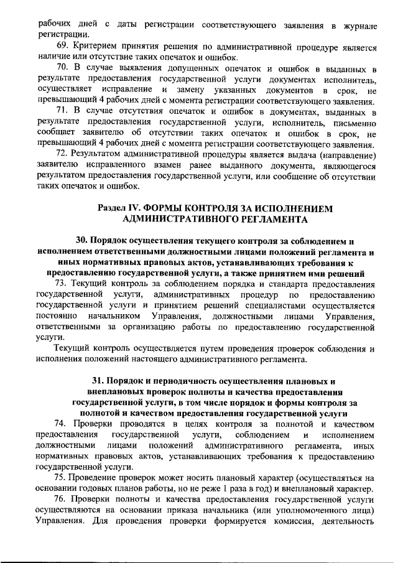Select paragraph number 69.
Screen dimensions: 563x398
point(62,47)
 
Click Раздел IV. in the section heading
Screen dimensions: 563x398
point(119,208)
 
